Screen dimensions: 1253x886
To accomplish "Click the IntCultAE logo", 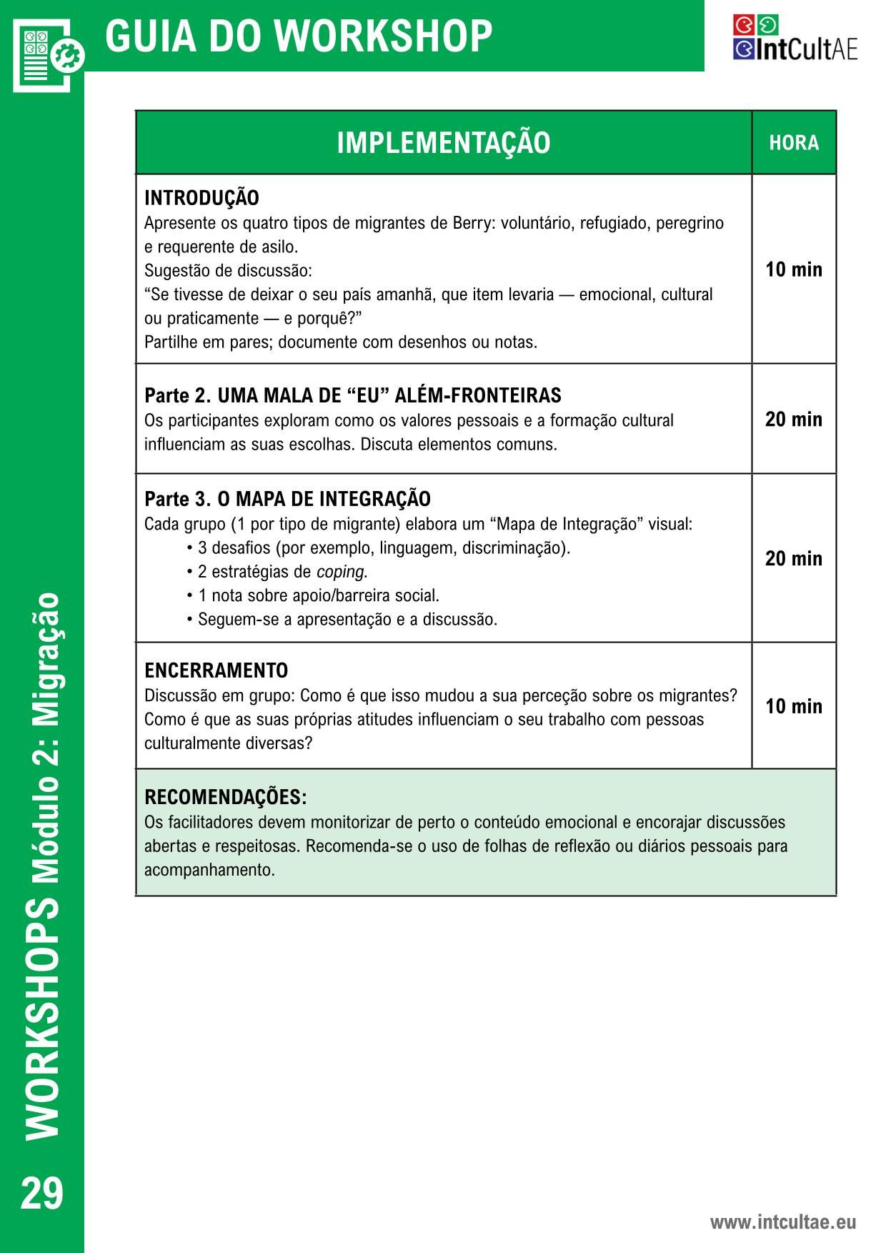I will pos(795,39).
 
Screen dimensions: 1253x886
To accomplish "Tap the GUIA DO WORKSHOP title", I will pos(299,36).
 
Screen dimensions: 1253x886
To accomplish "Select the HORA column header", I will pos(794,143).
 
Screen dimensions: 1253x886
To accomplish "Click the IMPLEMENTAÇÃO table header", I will pos(443,143).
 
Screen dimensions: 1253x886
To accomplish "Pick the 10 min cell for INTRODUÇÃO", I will pos(794,269).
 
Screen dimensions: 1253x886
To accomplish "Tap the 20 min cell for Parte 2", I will pos(794,419).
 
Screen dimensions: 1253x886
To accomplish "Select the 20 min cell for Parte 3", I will pos(794,558).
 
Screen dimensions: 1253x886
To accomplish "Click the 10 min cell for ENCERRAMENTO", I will pos(794,706).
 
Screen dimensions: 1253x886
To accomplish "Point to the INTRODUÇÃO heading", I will pos(201,198).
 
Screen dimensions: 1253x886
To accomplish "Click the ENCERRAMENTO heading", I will pos(216,670).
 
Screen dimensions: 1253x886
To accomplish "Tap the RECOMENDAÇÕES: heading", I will pos(225,797).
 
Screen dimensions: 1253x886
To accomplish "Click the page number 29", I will pos(42,1193).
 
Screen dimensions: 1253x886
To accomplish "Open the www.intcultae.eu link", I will pos(782,1222).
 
